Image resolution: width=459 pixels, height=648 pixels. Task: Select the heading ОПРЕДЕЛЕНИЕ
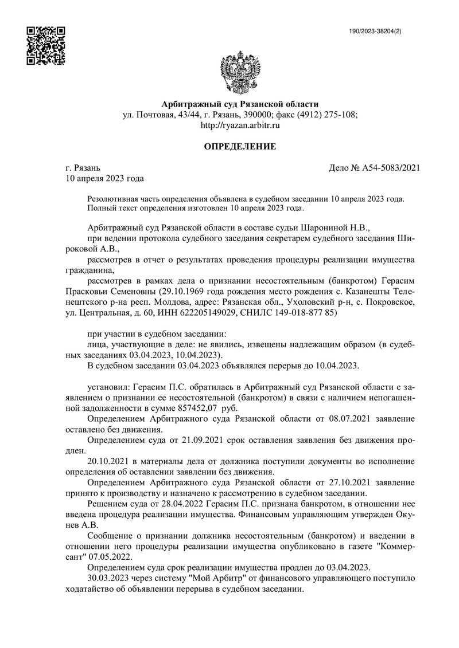click(240, 147)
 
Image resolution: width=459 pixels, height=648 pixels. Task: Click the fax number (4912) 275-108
click(329, 115)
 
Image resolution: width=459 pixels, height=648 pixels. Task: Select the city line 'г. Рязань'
click(83, 168)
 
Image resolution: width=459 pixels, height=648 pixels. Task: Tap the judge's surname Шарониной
click(322, 227)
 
